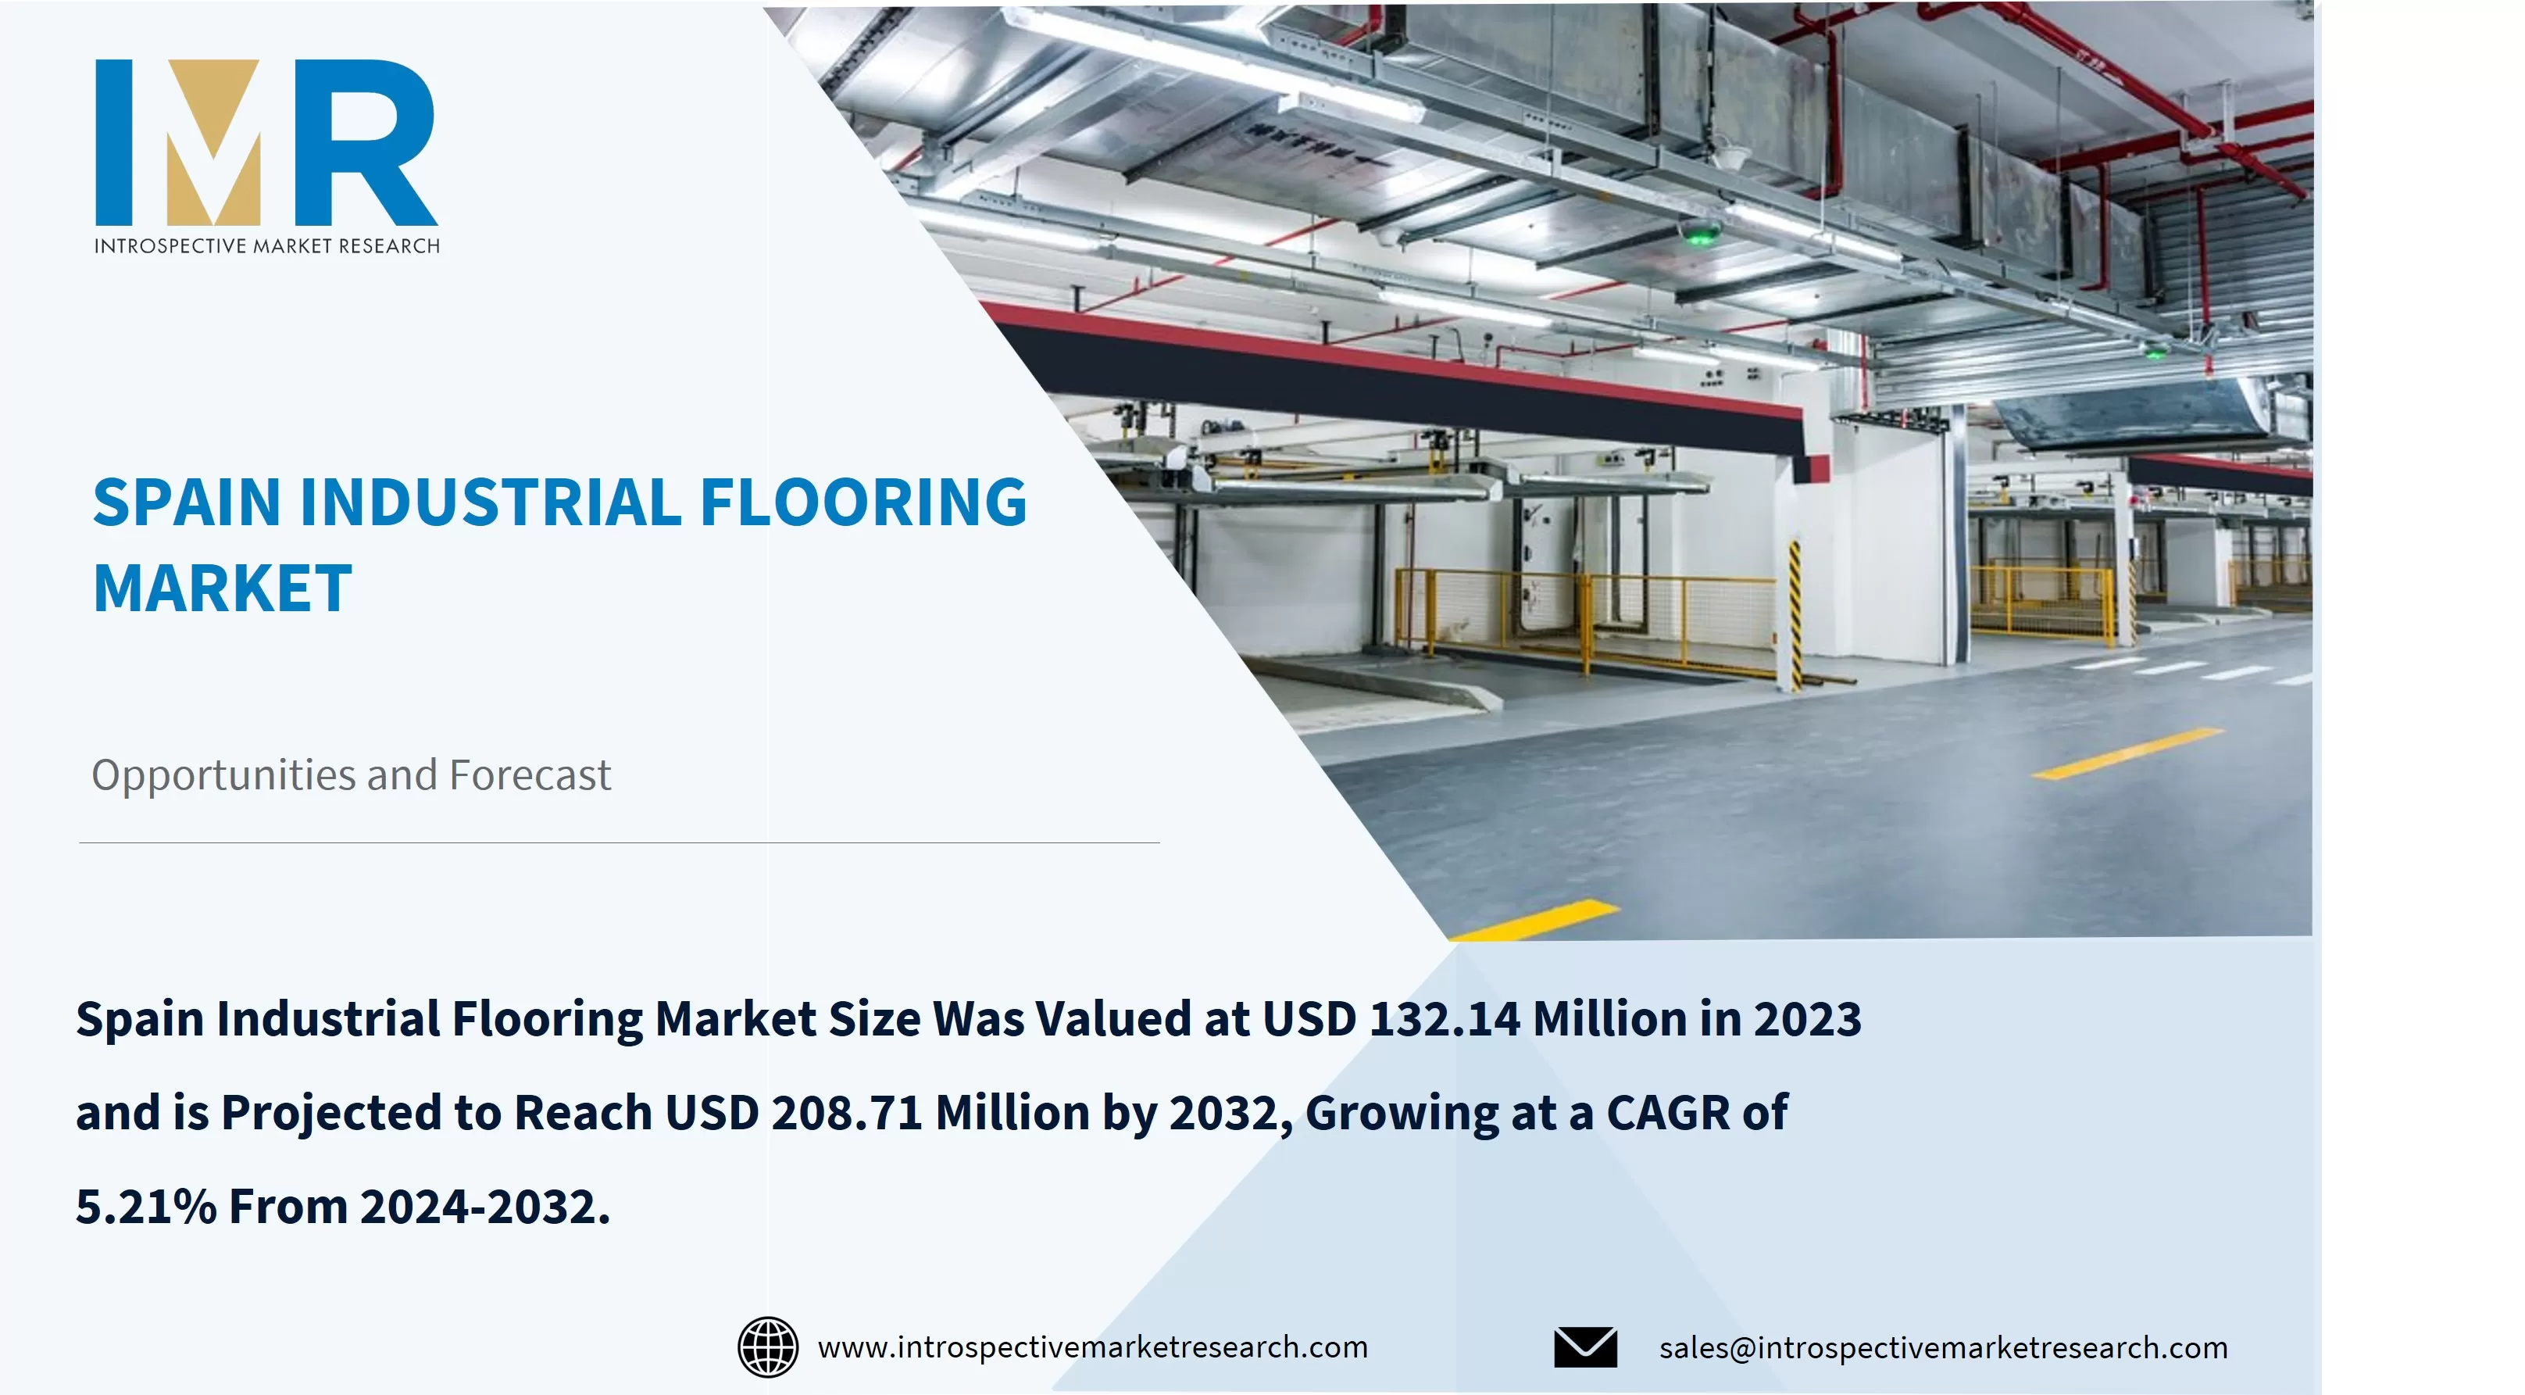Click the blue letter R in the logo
click(365, 142)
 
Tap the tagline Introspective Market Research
click(266, 246)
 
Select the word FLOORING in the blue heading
click(863, 502)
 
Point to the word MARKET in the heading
click(223, 588)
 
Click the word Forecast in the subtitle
click(530, 774)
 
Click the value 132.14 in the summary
click(1445, 1018)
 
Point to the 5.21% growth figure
click(146, 1207)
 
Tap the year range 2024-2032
click(485, 1207)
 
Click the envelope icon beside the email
click(1585, 1347)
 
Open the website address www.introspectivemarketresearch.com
click(1093, 1348)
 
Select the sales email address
click(1943, 1348)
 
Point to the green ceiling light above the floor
click(1701, 235)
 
